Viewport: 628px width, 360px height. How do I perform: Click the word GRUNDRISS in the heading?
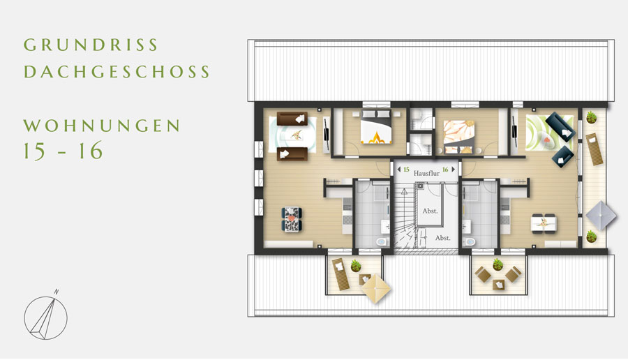(91, 45)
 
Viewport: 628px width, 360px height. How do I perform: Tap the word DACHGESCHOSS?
(117, 72)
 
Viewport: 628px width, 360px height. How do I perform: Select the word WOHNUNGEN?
(102, 126)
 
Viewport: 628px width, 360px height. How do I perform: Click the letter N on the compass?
(57, 292)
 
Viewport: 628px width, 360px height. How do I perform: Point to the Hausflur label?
(426, 173)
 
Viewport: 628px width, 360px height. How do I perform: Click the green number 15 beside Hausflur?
(406, 170)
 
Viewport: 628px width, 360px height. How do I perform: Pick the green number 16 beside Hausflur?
(445, 170)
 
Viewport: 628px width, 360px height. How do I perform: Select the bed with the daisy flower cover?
(459, 137)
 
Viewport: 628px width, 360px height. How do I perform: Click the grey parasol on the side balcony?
(601, 215)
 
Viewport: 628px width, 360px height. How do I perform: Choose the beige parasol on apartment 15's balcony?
(375, 288)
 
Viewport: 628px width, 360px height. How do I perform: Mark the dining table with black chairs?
(292, 219)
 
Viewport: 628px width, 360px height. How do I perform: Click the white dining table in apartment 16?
(544, 223)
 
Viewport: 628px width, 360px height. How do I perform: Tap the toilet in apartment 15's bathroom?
(382, 241)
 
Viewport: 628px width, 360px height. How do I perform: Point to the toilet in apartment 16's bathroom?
(469, 241)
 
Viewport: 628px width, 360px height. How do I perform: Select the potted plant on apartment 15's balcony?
(356, 266)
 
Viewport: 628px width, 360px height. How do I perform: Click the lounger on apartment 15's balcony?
(341, 274)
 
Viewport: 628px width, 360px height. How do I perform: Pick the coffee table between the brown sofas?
(295, 135)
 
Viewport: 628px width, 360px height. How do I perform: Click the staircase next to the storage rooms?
(405, 218)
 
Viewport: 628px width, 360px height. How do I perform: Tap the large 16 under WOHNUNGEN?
(91, 151)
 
